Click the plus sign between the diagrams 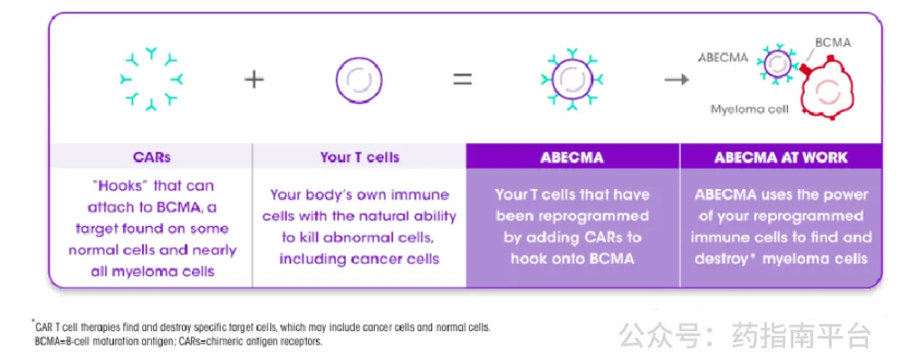pos(254,79)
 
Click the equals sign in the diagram pos(463,79)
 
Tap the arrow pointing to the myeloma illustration pos(677,79)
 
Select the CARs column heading pos(151,157)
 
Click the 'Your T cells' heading pos(359,157)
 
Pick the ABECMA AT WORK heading pos(781,157)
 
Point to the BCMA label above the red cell pos(832,42)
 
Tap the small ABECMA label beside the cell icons pos(723,58)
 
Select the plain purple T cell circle pos(358,79)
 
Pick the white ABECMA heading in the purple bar pos(573,157)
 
